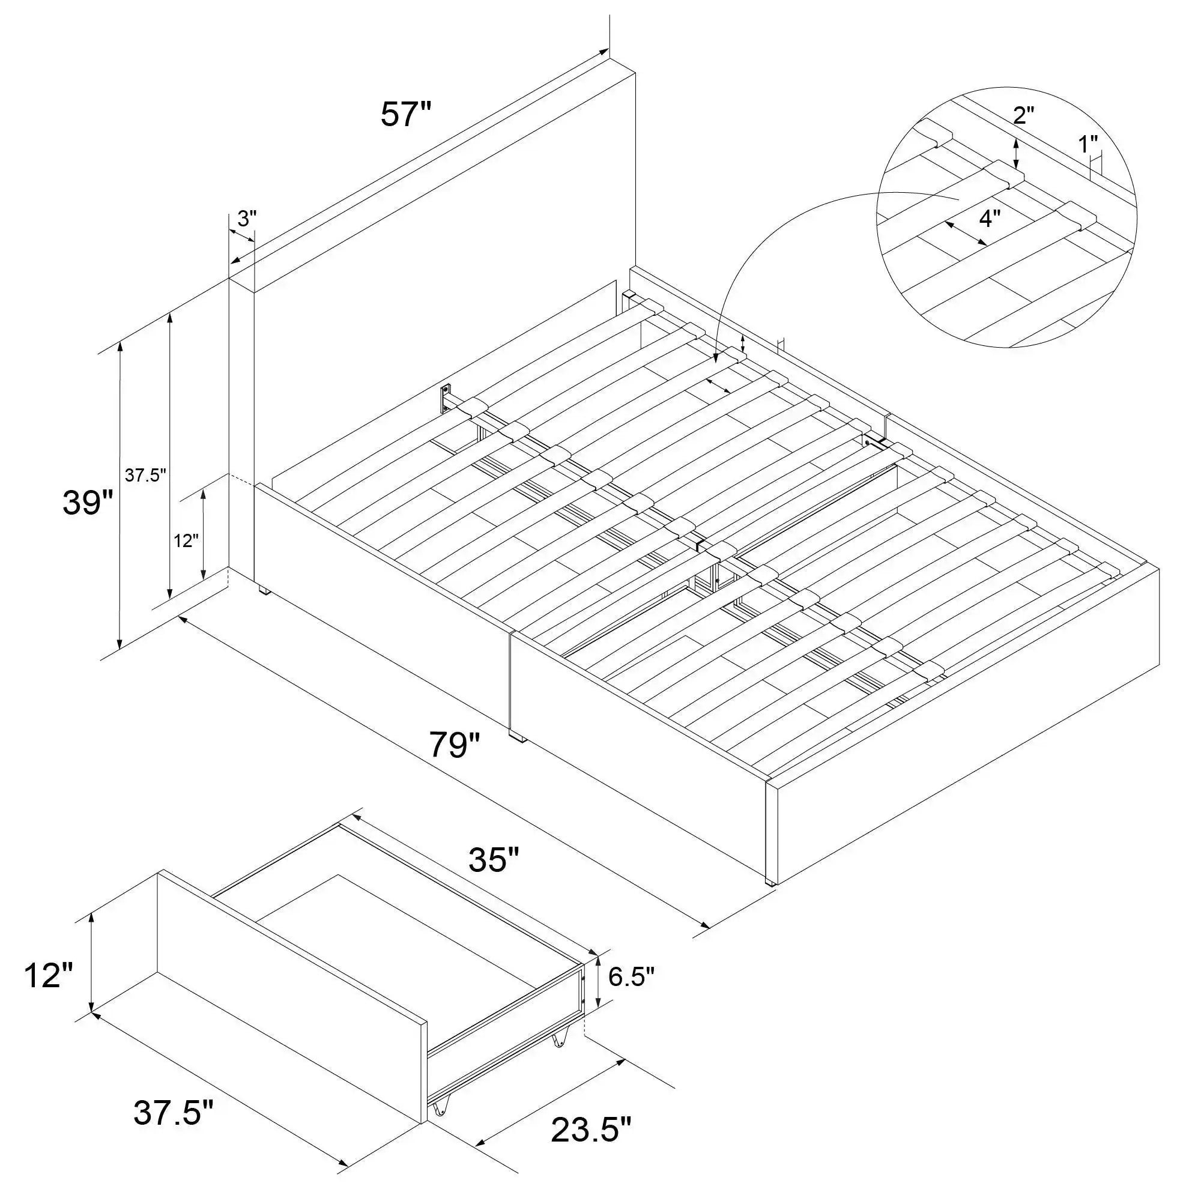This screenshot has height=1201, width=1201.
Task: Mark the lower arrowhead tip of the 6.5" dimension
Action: [x=599, y=1025]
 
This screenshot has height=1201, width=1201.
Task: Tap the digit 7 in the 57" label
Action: [x=408, y=115]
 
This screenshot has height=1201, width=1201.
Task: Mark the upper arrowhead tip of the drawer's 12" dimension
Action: [x=92, y=912]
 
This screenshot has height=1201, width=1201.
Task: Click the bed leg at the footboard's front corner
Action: [x=769, y=880]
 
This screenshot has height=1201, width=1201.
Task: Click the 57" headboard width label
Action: [x=406, y=115]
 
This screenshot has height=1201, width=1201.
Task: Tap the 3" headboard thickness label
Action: [x=247, y=218]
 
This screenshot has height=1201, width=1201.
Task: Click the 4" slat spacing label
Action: [x=990, y=218]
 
